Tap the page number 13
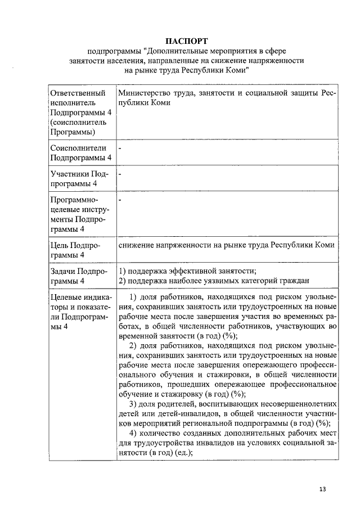[x=322, y=488]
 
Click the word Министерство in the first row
[x=143, y=92]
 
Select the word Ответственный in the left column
[x=78, y=92]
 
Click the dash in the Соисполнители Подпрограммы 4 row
[x=120, y=147]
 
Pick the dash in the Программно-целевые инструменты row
[x=120, y=199]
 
